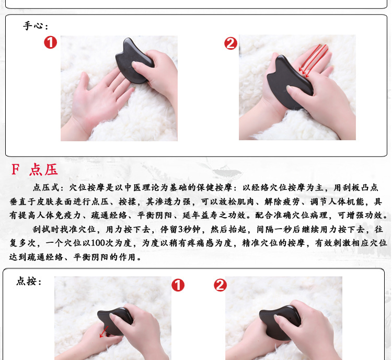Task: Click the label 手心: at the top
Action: coord(36,26)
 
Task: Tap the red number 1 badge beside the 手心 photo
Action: coord(51,42)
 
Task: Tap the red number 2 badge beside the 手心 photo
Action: coord(230,43)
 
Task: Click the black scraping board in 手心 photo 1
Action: coord(134,61)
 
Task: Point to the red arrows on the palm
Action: coord(313,61)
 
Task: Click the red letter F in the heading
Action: coord(15,169)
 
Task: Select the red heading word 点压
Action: coord(44,170)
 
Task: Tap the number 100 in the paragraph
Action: coord(98,243)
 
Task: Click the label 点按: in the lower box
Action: coord(29,281)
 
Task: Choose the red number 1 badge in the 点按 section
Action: coord(178,285)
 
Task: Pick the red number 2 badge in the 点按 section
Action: coord(220,285)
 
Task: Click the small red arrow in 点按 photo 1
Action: coord(104,332)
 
